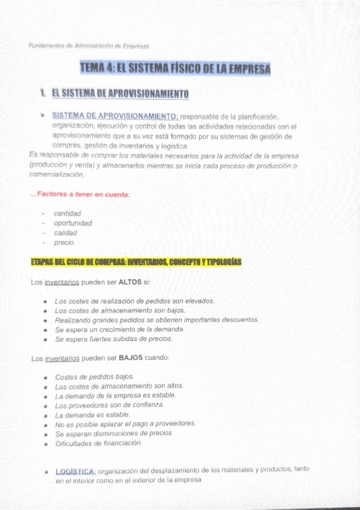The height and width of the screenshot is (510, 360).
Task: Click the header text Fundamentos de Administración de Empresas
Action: pos(88,46)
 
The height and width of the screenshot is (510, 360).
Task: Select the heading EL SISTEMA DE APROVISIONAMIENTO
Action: pos(120,94)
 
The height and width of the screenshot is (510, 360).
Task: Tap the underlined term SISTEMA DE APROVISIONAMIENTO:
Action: pos(115,115)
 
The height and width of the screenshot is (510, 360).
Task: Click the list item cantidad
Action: pos(67,214)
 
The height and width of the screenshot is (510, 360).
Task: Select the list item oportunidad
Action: pos(73,223)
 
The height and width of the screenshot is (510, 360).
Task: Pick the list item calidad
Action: pos(66,233)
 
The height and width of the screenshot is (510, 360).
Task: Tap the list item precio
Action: pos(64,242)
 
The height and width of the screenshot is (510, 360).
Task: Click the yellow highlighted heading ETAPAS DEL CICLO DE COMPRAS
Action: pos(136,262)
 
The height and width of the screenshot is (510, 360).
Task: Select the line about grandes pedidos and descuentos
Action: pos(156,320)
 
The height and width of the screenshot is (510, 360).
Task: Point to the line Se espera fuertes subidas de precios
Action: pos(114,339)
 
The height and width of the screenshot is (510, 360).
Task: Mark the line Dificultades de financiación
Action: pos(99,443)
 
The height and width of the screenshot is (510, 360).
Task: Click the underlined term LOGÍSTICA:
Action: pos(75,471)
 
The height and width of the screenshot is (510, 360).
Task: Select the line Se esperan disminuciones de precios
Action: pos(114,433)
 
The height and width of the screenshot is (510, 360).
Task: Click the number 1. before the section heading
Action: pos(43,94)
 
